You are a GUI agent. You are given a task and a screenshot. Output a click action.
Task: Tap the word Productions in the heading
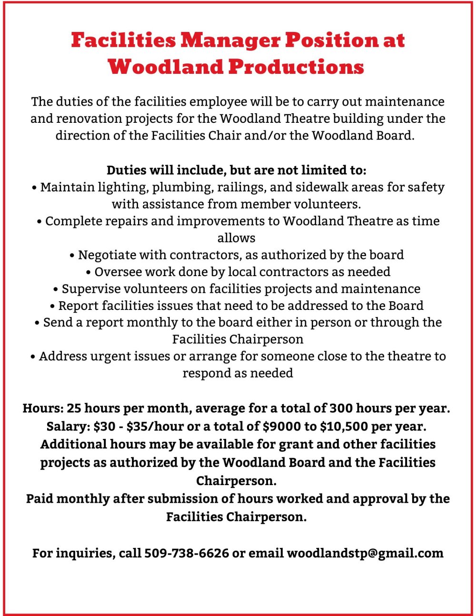tap(296, 67)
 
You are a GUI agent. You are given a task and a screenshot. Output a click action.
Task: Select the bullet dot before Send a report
tap(37, 323)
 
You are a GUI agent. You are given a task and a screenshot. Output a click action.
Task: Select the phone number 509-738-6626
tap(187, 553)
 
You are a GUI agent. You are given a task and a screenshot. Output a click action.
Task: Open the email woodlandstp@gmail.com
tap(365, 553)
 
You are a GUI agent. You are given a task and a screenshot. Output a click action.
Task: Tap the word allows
tap(237, 238)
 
